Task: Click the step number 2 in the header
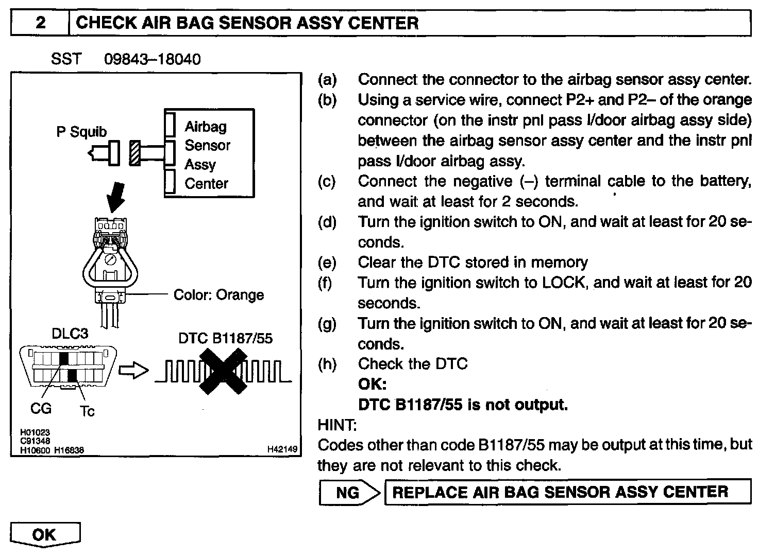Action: [x=40, y=23]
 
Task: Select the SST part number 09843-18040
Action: [x=152, y=59]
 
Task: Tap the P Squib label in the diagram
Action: [x=81, y=132]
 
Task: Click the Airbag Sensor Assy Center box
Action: [x=209, y=153]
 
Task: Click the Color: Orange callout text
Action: [x=218, y=294]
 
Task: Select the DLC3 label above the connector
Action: [x=70, y=334]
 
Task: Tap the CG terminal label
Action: [x=41, y=408]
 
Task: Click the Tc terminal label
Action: [x=87, y=411]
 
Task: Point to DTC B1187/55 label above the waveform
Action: [x=225, y=338]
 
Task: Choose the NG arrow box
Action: [x=349, y=493]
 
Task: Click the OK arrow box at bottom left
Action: [x=45, y=534]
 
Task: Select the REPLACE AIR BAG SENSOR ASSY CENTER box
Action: [x=567, y=492]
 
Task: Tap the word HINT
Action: [x=337, y=425]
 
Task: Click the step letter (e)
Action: [x=327, y=263]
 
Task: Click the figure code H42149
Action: [x=282, y=449]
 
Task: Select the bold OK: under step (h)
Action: [x=372, y=385]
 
